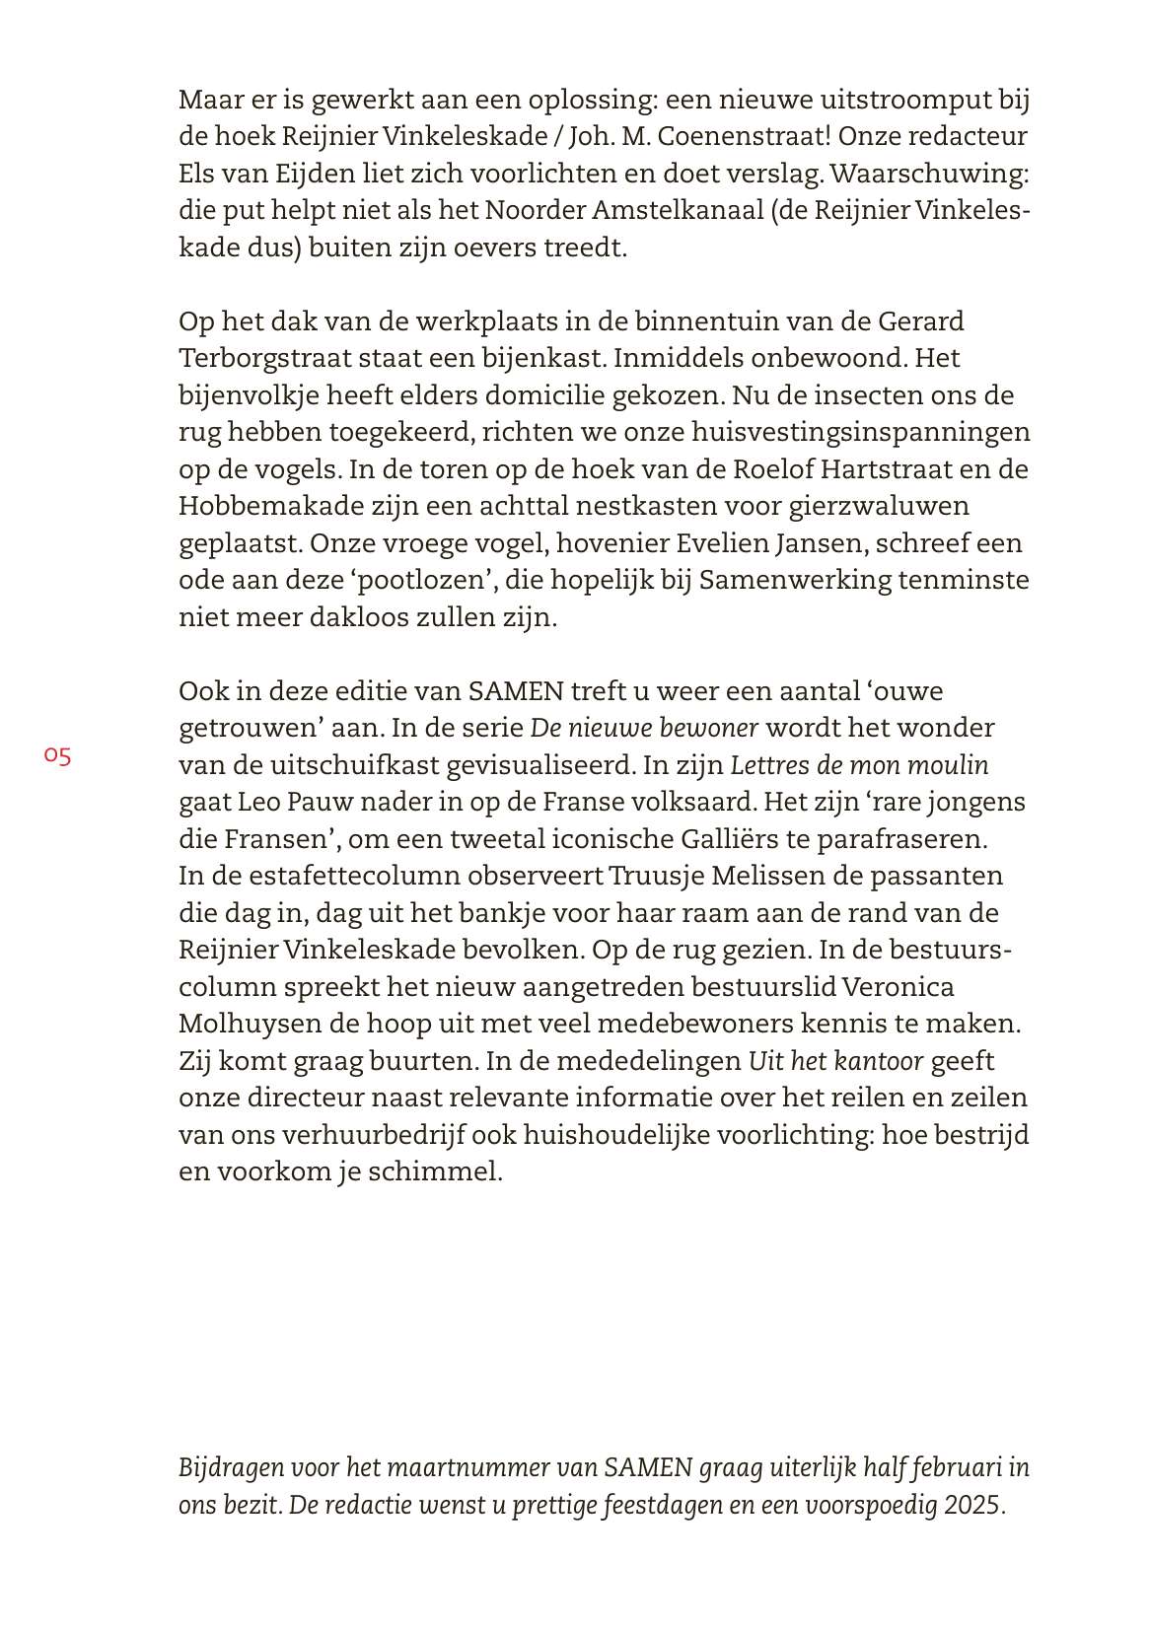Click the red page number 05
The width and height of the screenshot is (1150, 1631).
pos(57,756)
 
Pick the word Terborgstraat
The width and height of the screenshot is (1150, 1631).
pos(271,358)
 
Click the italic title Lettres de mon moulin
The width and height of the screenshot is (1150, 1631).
pos(859,765)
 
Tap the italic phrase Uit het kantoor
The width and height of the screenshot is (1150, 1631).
pos(836,1061)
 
